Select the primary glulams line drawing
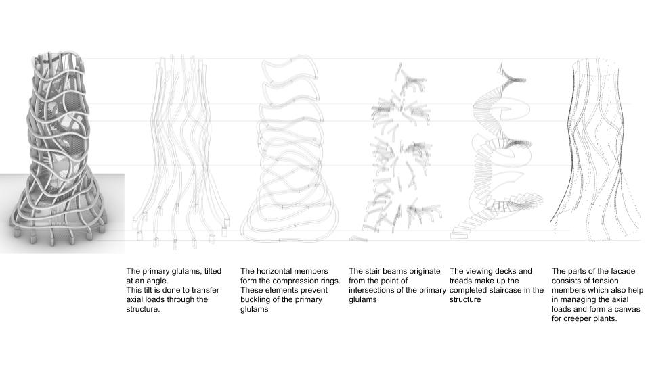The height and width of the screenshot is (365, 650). [x=181, y=149]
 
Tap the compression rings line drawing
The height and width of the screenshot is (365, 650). [x=290, y=149]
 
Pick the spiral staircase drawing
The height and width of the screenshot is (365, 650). [x=498, y=151]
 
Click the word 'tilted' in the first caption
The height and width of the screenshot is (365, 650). [x=213, y=271]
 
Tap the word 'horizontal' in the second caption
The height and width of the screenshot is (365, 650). [x=284, y=271]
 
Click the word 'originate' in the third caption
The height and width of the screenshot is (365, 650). [x=422, y=271]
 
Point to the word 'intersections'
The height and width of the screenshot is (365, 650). [x=371, y=290]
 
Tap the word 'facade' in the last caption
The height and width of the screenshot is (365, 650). [x=622, y=271]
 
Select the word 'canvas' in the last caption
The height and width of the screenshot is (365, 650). [x=626, y=309]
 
